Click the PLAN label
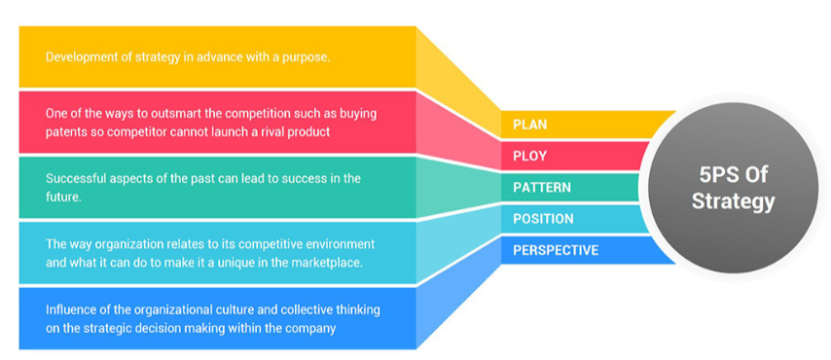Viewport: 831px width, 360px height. tap(529, 126)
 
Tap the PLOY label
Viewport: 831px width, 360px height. tap(529, 157)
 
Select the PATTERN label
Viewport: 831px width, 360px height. tap(542, 188)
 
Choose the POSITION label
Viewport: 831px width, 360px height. tap(543, 219)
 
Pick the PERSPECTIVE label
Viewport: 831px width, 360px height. tap(556, 250)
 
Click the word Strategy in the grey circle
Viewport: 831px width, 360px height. tap(733, 202)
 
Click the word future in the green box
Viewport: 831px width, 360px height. tap(62, 196)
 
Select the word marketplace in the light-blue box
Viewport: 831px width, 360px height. tap(330, 263)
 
